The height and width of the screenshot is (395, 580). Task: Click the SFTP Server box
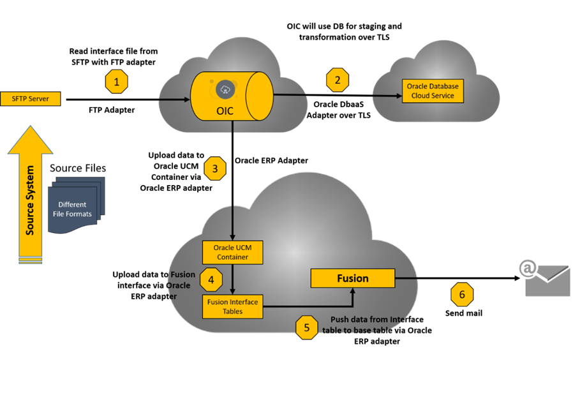(x=31, y=99)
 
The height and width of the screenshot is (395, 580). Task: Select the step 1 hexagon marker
(x=116, y=82)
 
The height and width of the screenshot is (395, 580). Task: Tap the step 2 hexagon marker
(x=338, y=80)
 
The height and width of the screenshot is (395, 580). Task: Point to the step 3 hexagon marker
(x=215, y=168)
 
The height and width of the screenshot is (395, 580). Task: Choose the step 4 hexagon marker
(x=211, y=279)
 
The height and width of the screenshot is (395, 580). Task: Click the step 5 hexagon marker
(x=307, y=327)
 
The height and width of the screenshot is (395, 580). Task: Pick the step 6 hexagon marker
(x=462, y=294)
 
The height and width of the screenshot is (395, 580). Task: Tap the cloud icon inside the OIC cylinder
(x=226, y=89)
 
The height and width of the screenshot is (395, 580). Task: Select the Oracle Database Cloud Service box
(x=433, y=91)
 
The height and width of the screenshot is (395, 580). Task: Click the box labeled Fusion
(x=352, y=278)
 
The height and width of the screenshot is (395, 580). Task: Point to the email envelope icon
(x=547, y=279)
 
